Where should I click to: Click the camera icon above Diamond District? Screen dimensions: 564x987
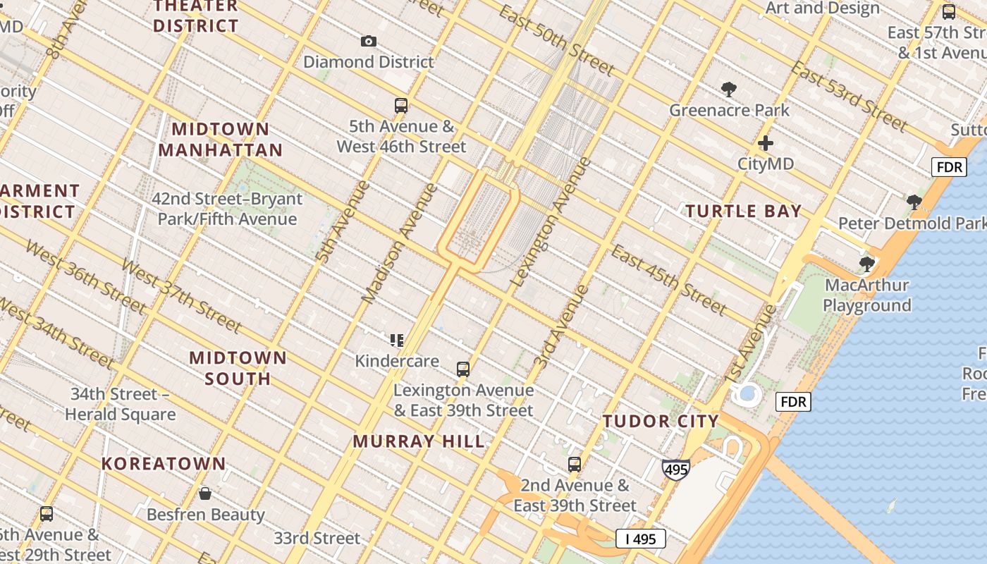pos(368,42)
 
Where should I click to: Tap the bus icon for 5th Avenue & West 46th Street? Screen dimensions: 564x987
pos(401,106)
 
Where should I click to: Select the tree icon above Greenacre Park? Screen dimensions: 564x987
pos(729,90)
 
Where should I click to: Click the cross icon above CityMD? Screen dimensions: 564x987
pos(766,143)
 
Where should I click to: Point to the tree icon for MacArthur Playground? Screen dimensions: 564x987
pos(866,264)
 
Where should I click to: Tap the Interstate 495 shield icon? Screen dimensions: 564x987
pos(675,469)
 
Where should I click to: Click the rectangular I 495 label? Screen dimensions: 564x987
pos(640,539)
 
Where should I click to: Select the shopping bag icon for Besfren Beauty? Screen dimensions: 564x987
pos(205,493)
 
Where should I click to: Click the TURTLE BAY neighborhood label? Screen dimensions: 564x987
pos(744,211)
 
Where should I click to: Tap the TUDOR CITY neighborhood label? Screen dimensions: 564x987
pos(661,421)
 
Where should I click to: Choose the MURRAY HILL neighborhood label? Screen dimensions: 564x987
pos(419,441)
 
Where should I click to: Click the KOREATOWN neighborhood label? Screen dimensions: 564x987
pos(164,463)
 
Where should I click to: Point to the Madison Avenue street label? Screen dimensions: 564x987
pos(399,243)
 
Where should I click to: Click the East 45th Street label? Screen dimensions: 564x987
pos(668,280)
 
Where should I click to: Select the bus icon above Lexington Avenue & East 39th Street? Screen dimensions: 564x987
pos(463,369)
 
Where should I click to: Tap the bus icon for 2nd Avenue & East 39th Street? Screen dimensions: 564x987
pos(575,465)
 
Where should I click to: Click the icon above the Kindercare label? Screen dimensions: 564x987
pos(397,341)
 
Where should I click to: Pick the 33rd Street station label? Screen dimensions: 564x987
pos(317,538)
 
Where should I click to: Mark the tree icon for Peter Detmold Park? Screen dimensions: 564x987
pos(914,202)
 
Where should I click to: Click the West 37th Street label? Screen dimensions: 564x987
pos(180,295)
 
